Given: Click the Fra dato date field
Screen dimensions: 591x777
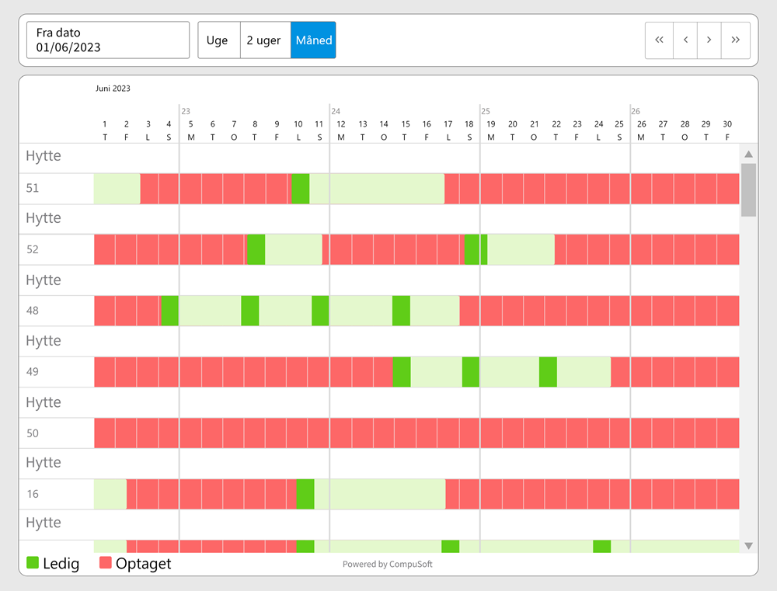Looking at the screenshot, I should point(108,40).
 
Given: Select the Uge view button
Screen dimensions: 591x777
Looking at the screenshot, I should point(218,40).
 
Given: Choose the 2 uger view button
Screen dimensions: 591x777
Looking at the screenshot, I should point(264,40).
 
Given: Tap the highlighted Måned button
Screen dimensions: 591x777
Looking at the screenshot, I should point(313,40).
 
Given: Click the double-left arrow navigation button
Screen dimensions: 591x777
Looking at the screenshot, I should point(659,40).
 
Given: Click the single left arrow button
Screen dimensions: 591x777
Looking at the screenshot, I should point(685,40).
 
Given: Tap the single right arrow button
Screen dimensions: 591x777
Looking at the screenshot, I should point(709,40).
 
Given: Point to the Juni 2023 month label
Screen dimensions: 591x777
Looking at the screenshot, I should point(113,89).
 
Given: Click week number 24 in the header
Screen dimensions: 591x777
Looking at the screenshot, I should point(336,111).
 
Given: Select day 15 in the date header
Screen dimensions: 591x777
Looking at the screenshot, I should point(406,124).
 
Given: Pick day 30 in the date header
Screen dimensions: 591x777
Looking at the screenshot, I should point(727,124).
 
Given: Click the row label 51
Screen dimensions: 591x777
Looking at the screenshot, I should point(33,188).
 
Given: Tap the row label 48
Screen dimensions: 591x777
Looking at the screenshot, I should point(33,311).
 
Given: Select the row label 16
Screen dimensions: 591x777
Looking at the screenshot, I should point(33,494).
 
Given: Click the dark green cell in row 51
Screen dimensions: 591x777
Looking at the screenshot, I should point(301,189).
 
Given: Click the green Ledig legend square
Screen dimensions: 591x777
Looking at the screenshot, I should point(33,563).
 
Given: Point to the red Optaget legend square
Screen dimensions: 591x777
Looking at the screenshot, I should point(106,563).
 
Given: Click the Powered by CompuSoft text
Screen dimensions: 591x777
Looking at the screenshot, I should point(388,565).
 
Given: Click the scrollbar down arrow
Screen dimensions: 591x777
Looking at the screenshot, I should point(748,546).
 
